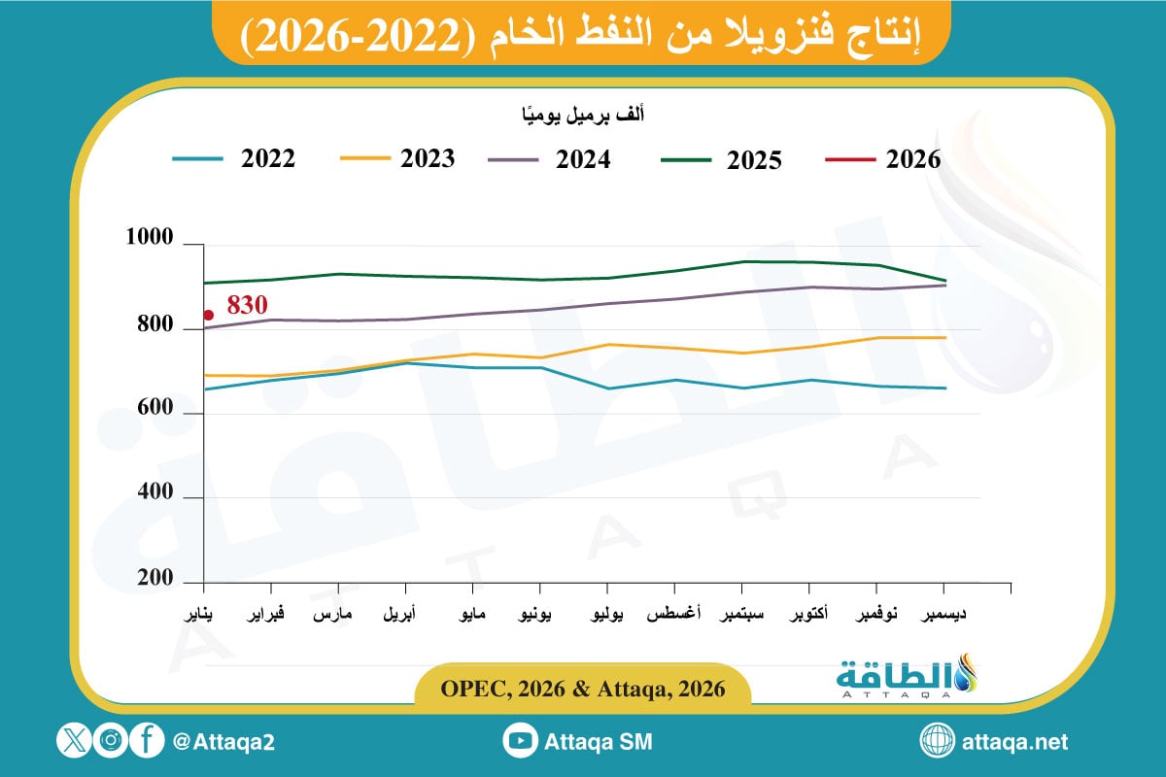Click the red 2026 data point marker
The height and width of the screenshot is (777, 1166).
209,315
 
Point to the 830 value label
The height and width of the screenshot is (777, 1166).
247,305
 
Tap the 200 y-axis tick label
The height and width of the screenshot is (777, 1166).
154,578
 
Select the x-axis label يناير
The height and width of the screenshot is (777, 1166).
203,616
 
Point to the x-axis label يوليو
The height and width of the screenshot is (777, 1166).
606,616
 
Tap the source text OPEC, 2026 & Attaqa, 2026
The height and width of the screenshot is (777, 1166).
583,690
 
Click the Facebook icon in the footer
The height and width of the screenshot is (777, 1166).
146,741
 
